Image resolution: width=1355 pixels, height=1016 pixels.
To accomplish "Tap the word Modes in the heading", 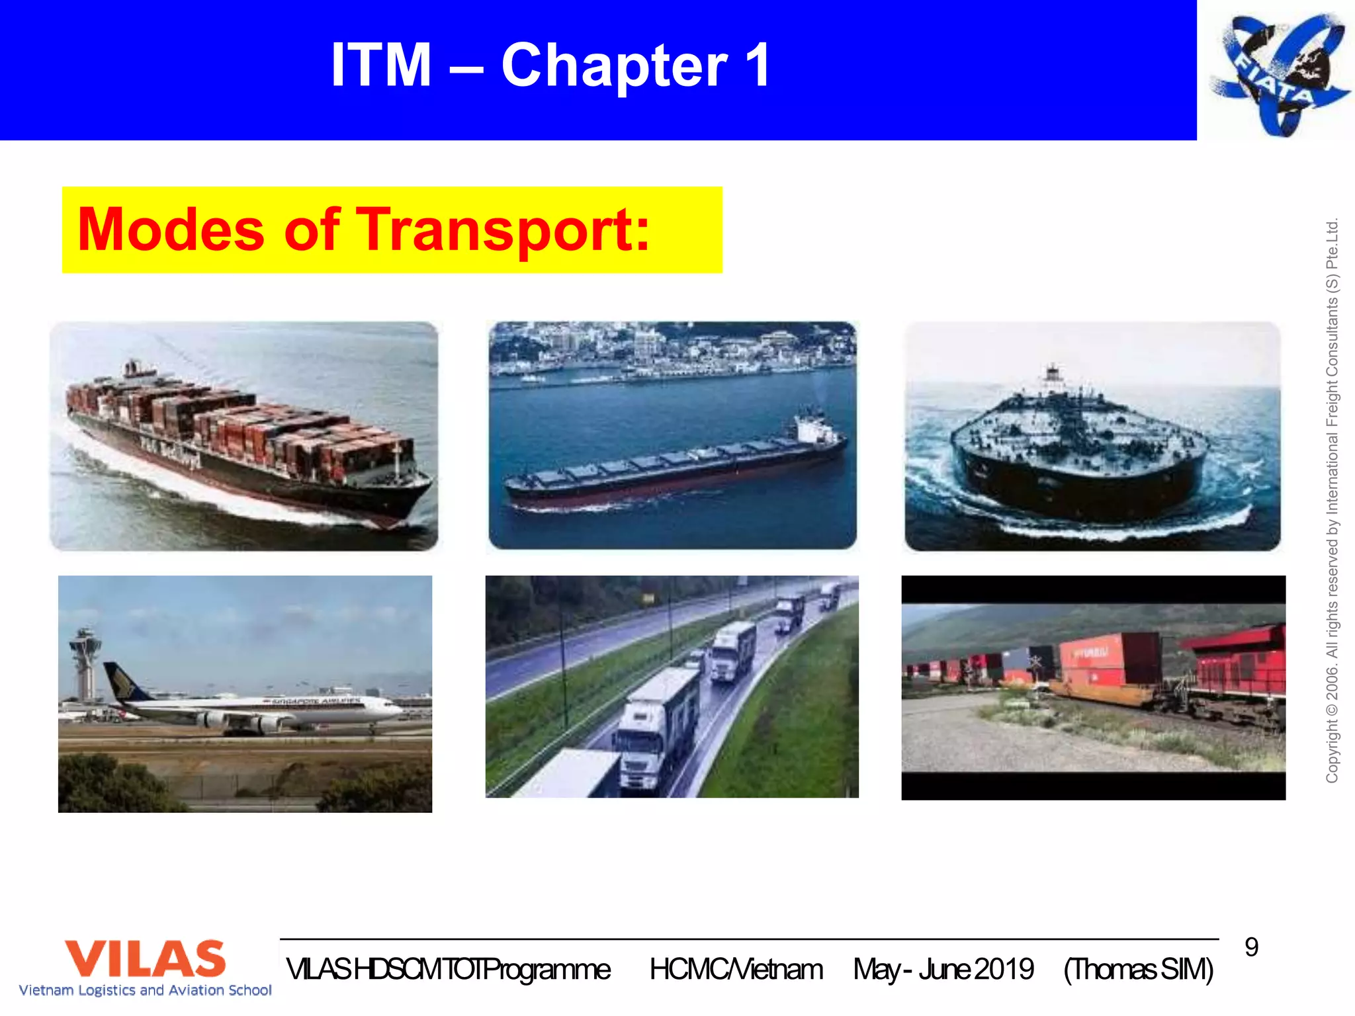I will click(171, 230).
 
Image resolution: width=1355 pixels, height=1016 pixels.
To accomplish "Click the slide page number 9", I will click(1251, 947).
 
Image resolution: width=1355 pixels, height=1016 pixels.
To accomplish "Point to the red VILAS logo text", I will click(146, 958).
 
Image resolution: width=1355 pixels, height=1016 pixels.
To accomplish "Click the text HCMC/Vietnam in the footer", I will click(736, 970).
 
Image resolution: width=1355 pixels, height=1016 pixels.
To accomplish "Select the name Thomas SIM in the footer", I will click(1138, 970).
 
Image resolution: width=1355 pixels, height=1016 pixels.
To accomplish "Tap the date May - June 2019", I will click(943, 970).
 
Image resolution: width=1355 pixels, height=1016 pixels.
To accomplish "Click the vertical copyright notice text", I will click(1332, 500).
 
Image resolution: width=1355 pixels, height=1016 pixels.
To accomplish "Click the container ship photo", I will click(243, 437).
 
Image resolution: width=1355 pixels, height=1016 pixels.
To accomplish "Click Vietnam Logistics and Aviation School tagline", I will click(146, 990).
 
